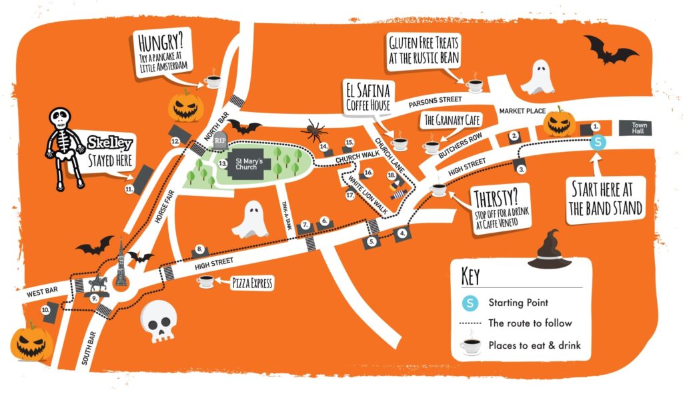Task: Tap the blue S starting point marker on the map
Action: (598, 142)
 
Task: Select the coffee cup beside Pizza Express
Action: (205, 282)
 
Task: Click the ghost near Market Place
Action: (537, 78)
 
